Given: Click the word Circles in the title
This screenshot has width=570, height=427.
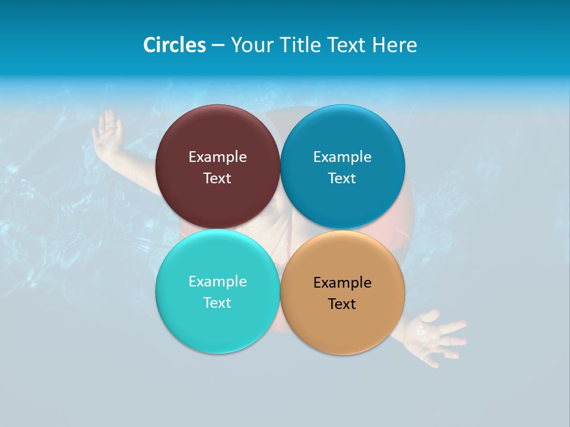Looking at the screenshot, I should (x=174, y=45).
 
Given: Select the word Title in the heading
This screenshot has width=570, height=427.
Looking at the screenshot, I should (x=301, y=45).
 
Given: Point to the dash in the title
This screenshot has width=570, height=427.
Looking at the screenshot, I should (x=217, y=46).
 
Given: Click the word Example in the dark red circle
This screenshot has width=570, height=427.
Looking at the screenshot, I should (x=217, y=157).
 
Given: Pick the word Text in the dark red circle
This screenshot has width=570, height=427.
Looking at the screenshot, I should (x=217, y=178).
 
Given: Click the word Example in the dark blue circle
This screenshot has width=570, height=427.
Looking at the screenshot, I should (x=342, y=157).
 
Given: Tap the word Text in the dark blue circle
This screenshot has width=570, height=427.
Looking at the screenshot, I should (x=342, y=178).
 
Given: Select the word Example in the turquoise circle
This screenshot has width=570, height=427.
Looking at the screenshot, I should (x=217, y=281).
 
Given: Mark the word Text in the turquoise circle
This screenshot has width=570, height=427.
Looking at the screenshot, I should (x=217, y=302).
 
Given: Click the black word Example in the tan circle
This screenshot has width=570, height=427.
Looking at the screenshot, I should (x=342, y=282).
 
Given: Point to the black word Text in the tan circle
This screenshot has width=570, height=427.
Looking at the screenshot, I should (x=342, y=304).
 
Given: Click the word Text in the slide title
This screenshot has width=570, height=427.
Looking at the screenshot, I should (x=348, y=45).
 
